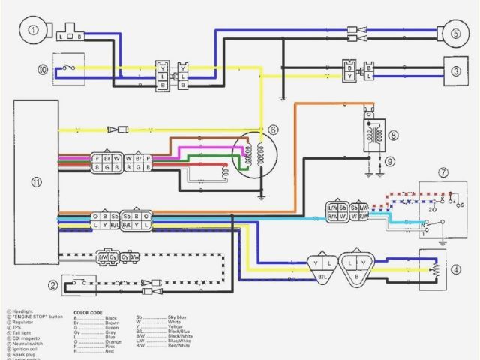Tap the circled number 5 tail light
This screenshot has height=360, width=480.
click(x=455, y=33)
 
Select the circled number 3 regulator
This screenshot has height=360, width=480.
click(x=455, y=70)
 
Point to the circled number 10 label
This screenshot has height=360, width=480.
click(x=43, y=70)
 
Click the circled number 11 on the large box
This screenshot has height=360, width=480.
click(x=36, y=181)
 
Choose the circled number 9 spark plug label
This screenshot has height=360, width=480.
click(x=390, y=160)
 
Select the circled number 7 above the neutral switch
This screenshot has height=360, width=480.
click(x=443, y=172)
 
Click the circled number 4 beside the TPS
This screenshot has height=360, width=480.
click(x=455, y=268)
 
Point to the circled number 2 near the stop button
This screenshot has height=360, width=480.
click(x=52, y=284)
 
